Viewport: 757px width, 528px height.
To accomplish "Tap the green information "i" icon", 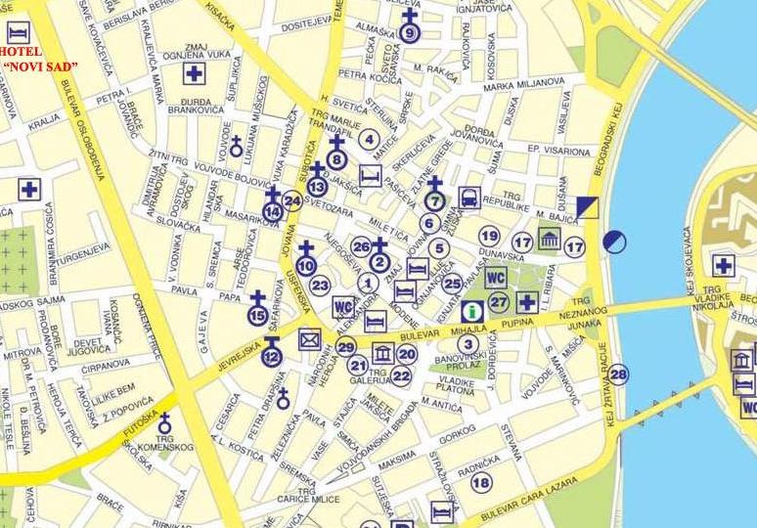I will (473, 312).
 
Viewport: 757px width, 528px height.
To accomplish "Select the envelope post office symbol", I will (311, 340).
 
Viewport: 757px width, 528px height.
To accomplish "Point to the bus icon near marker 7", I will (469, 198).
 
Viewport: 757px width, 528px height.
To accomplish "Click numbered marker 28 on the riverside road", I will (618, 374).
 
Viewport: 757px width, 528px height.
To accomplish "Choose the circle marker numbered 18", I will (480, 482).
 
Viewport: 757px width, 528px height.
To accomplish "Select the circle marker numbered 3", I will (468, 343).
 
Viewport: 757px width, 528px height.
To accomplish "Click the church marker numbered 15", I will (257, 313).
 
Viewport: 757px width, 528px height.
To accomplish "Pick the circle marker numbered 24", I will (291, 201).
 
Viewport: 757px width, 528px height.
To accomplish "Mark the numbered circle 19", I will (489, 236).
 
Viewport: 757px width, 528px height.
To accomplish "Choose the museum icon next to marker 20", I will (383, 354).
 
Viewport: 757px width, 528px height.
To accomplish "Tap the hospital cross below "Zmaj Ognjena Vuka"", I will (195, 73).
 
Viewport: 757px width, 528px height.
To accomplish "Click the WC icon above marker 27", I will (496, 278).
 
